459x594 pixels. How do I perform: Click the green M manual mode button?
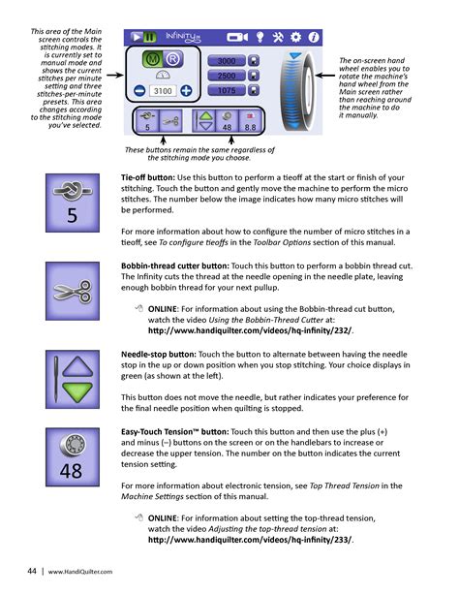(x=153, y=59)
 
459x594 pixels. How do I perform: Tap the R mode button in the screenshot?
(x=172, y=59)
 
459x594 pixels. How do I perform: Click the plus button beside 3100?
(x=186, y=91)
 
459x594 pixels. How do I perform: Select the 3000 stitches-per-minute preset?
(x=227, y=61)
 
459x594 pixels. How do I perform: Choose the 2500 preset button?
(x=227, y=76)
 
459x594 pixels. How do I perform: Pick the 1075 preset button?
(x=227, y=90)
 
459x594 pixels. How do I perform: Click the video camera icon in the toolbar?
(x=237, y=37)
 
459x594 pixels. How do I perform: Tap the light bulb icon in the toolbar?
(x=260, y=37)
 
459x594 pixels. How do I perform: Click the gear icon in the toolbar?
(x=295, y=37)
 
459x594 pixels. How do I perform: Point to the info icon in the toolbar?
(x=314, y=37)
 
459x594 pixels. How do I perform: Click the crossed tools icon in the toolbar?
(x=278, y=37)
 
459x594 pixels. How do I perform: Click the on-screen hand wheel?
(x=297, y=91)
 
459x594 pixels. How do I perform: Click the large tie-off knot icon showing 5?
(x=73, y=203)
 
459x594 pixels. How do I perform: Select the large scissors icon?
(x=73, y=291)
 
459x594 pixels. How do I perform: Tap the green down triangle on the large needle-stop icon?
(x=77, y=392)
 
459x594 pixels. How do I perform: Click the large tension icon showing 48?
(x=73, y=456)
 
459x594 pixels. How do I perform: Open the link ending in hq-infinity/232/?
(x=250, y=330)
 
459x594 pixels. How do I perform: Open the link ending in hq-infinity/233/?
(x=250, y=540)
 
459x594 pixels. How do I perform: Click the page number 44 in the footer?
(x=32, y=571)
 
